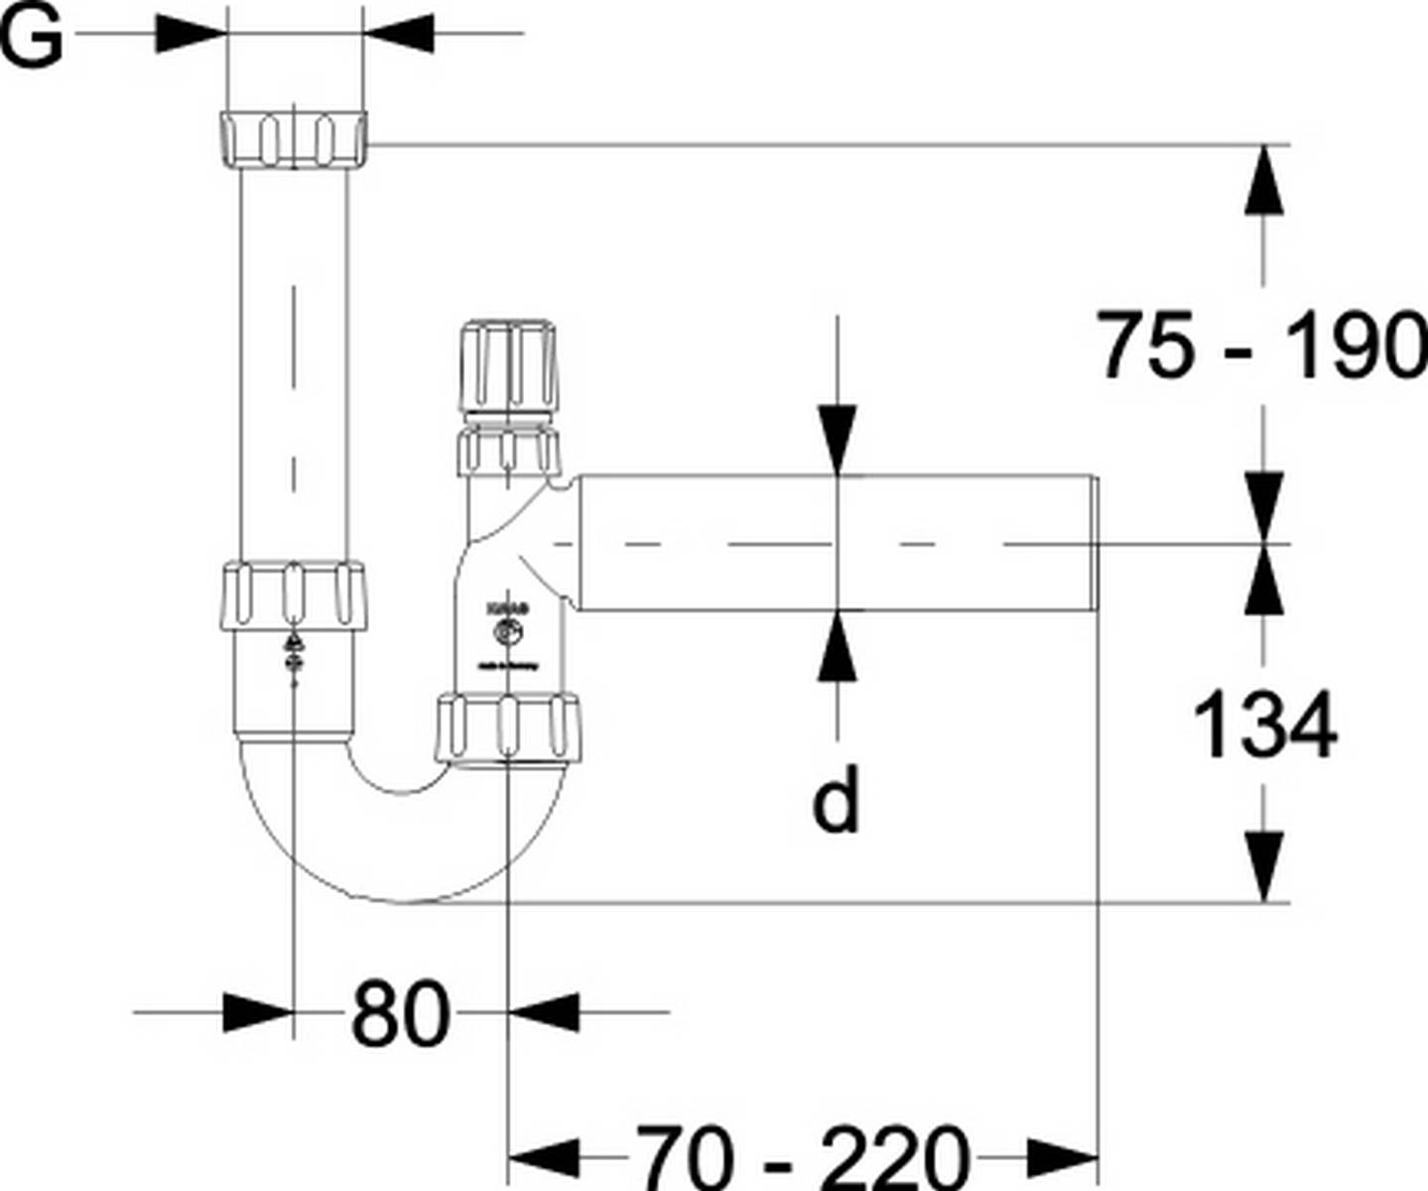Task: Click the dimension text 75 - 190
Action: pos(1260,345)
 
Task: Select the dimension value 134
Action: pos(1264,725)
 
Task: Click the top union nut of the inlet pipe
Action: pos(292,138)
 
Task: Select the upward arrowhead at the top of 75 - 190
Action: pos(1262,179)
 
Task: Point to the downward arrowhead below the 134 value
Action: pos(1262,867)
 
